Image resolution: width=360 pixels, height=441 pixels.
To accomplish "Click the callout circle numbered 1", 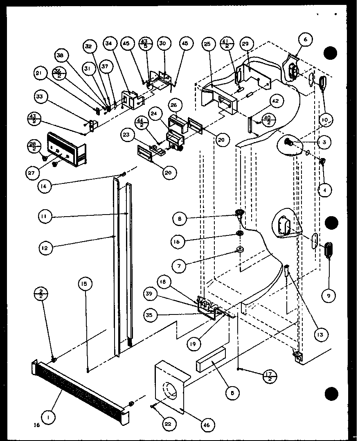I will pyautogui.click(x=49, y=418).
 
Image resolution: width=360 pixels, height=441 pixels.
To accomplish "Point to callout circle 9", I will pyautogui.click(x=328, y=294).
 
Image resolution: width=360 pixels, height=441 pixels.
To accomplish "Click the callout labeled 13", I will pyautogui.click(x=319, y=335).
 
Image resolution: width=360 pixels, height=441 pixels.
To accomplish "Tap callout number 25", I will pyautogui.click(x=207, y=43).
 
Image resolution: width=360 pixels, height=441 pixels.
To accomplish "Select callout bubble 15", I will pyautogui.click(x=86, y=283).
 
